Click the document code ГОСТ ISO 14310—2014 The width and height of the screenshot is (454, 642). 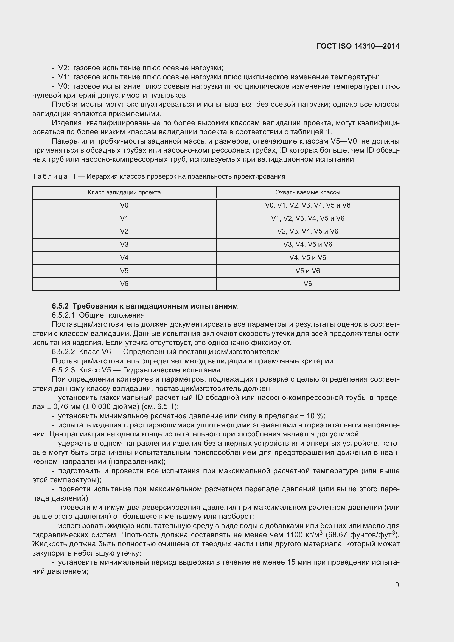click(358, 46)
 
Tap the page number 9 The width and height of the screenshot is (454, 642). click(397, 585)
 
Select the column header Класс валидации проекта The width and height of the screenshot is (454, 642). click(124, 192)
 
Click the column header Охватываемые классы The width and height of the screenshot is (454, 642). click(307, 192)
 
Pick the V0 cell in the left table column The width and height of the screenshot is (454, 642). click(124, 205)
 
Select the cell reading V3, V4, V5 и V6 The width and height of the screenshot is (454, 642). click(307, 244)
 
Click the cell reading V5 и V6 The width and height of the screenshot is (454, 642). click(307, 271)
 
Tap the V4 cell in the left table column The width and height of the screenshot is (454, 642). click(124, 257)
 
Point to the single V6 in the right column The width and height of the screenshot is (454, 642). click(307, 284)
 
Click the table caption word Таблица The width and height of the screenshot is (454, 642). click(50, 176)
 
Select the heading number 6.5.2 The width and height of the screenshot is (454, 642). click(60, 306)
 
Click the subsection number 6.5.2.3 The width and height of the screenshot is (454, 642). click(63, 370)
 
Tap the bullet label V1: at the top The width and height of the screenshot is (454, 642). click(63, 77)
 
